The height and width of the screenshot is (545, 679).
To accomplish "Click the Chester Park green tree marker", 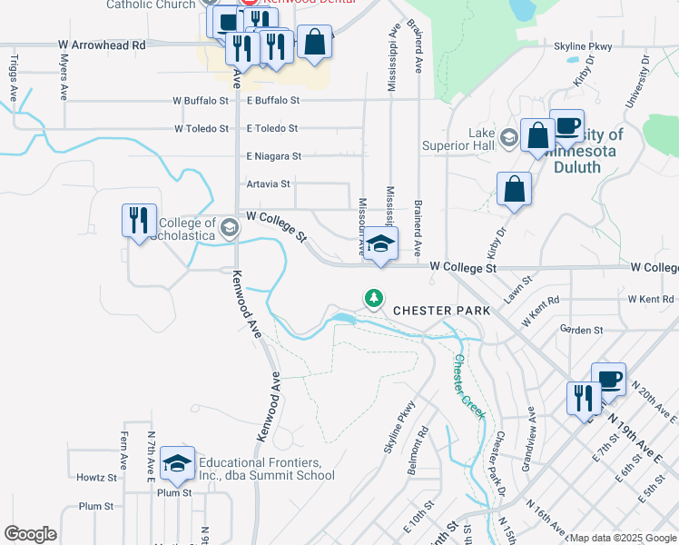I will (x=373, y=298).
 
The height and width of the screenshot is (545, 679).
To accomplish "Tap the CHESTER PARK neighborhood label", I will (x=441, y=311).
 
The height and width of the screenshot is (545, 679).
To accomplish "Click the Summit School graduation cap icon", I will (x=178, y=464).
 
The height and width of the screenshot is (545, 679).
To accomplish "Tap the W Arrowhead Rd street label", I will (x=102, y=45).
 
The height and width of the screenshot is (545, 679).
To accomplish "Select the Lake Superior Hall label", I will (x=481, y=138).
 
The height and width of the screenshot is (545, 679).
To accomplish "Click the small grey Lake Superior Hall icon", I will (x=508, y=138).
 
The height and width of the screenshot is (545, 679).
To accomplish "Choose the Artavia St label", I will (x=268, y=183).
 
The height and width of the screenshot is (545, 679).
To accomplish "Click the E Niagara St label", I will (x=273, y=156).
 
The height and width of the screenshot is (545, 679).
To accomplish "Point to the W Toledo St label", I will (x=201, y=129).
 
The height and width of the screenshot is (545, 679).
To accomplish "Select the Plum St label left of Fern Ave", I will (x=94, y=506).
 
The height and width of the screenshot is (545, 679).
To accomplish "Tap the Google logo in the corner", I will (x=30, y=534).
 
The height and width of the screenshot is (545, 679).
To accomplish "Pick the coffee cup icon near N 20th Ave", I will (x=608, y=378).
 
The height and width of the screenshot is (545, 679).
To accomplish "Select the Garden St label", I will (x=581, y=330).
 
